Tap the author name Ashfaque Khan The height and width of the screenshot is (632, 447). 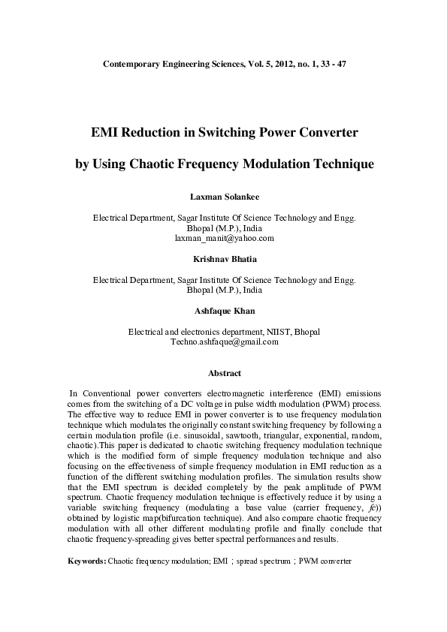pos(223,309)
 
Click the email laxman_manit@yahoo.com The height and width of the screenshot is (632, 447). pos(224,238)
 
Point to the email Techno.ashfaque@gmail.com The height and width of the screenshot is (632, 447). pos(224,341)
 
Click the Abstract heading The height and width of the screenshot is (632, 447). pos(224,372)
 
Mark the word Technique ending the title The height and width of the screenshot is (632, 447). pos(337,163)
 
